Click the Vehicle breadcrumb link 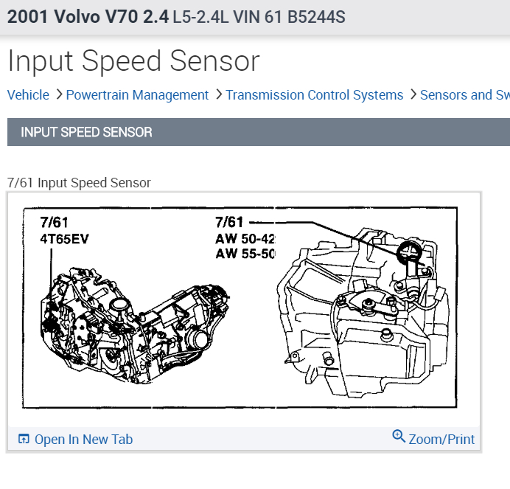(x=28, y=95)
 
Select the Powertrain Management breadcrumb (x=137, y=95)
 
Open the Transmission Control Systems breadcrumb (x=315, y=95)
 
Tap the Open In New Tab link (x=83, y=440)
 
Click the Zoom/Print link (x=441, y=440)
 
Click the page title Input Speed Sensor (x=133, y=61)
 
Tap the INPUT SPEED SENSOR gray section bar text (x=86, y=133)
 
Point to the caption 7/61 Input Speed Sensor (x=79, y=182)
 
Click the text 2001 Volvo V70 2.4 (x=87, y=16)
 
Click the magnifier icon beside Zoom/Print (x=399, y=437)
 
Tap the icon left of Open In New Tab (x=24, y=440)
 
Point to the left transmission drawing (x=125, y=310)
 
